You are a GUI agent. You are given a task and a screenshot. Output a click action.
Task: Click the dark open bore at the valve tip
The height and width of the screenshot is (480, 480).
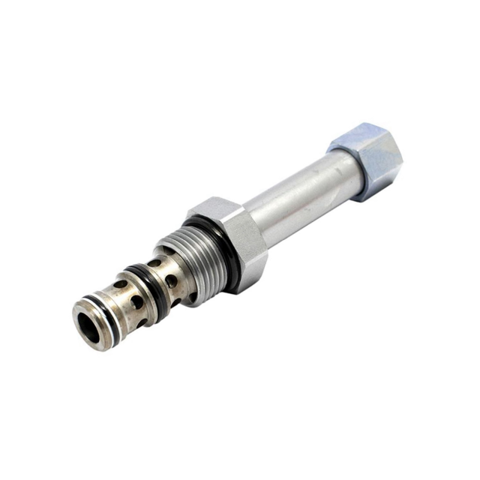coord(88,327)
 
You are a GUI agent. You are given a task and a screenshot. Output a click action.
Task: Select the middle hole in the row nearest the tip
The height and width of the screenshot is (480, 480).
coord(136,301)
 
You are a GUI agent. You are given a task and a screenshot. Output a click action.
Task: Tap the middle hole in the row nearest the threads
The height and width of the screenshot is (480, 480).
coord(171,281)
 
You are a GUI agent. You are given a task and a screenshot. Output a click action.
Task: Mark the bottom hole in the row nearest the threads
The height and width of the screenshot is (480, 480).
coord(176,302)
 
